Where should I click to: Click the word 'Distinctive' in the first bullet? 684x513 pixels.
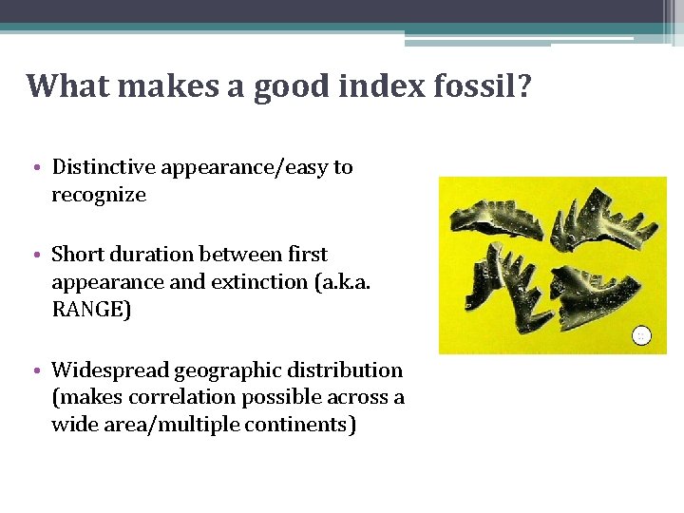coord(103,168)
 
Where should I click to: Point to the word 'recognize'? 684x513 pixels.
coord(99,196)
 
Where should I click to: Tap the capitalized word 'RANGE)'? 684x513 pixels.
coord(91,311)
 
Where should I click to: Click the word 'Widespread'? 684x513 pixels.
coord(109,370)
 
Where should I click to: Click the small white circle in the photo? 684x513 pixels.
coord(642,334)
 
